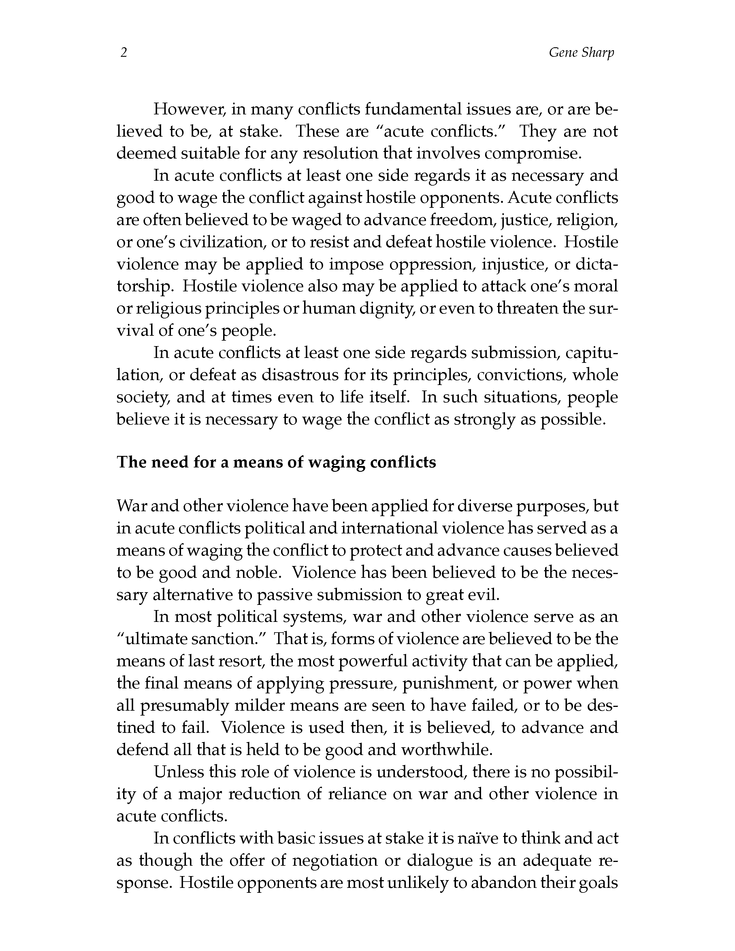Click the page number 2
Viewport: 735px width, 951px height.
pos(124,53)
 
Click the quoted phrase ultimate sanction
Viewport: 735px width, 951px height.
pos(194,639)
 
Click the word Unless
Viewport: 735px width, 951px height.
pos(178,772)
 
